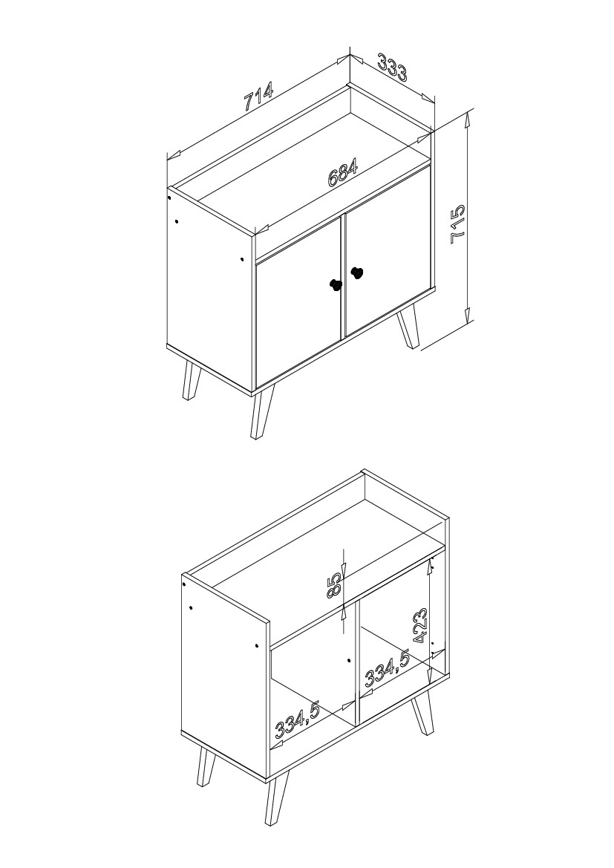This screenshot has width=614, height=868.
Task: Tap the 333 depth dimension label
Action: point(392,67)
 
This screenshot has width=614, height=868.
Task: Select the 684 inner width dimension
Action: point(343,172)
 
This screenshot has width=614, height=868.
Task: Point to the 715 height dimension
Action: point(458,224)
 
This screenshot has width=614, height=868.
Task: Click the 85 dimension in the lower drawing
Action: point(334,585)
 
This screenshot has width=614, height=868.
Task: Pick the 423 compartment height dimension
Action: point(419,626)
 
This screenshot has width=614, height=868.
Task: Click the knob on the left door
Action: point(336,284)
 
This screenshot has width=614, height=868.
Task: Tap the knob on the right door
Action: point(357,273)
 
